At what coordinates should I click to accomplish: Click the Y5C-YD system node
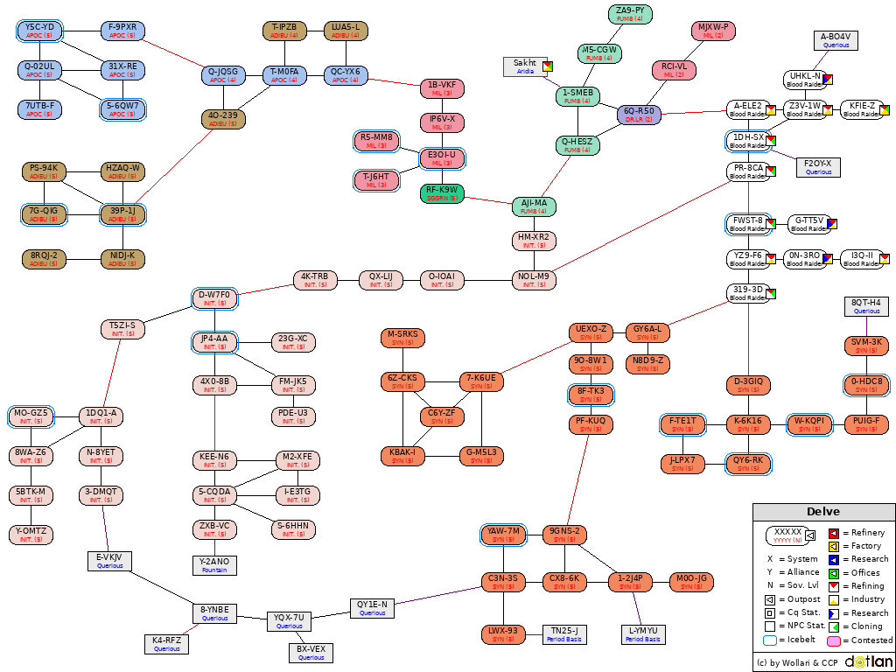[39, 31]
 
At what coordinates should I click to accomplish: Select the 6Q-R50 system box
[639, 115]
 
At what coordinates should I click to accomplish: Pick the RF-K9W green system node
[442, 193]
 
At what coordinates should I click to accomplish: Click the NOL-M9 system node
[534, 280]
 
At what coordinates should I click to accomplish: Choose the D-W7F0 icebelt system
[214, 298]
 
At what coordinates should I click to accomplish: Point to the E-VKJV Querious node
[109, 561]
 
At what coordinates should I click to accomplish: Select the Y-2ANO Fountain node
[214, 565]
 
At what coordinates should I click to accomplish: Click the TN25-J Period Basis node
[564, 634]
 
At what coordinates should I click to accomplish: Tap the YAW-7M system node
[503, 535]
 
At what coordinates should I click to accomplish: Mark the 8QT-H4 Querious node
[866, 306]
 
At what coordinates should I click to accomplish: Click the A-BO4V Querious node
[836, 40]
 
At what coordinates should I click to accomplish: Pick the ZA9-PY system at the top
[630, 14]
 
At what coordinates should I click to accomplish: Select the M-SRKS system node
[402, 338]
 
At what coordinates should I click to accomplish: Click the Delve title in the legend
[823, 512]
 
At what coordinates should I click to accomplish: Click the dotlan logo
[868, 662]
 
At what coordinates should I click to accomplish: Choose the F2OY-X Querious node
[818, 167]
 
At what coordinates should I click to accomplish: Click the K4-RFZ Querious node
[166, 644]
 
